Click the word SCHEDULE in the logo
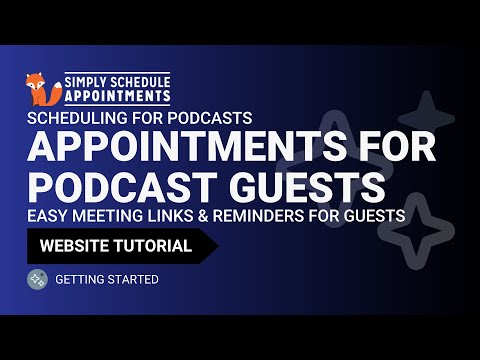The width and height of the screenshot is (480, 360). pyautogui.click(x=136, y=79)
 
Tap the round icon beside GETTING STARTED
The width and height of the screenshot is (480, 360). pyautogui.click(x=37, y=279)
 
